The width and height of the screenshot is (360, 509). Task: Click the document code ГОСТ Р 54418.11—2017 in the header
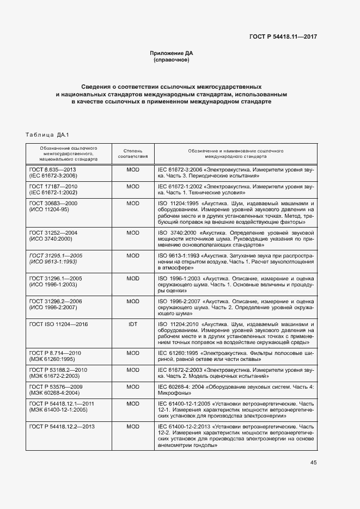(279, 36)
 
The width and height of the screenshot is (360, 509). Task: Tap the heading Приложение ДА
(172, 53)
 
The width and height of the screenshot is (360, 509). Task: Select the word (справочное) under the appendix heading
(172, 60)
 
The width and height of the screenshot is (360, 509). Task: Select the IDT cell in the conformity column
(133, 324)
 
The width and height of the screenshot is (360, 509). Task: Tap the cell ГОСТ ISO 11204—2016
(58, 324)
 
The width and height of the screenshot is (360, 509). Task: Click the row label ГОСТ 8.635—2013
(52, 170)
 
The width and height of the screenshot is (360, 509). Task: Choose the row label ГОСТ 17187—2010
(53, 186)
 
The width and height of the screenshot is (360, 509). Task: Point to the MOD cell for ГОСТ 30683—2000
(133, 203)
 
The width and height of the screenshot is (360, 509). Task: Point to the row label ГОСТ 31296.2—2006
(53, 301)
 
